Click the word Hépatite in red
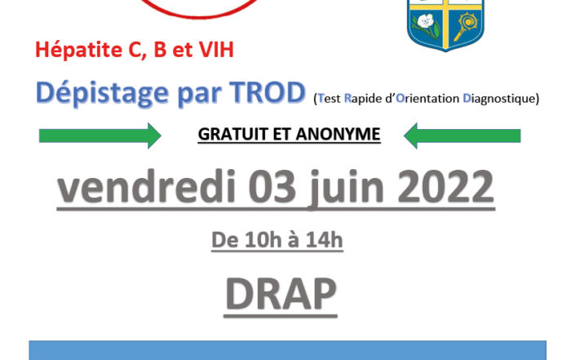click(78, 50)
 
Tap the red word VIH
click(216, 50)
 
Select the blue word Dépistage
click(102, 93)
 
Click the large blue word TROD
click(267, 91)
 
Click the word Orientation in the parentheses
click(427, 99)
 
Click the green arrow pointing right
click(100, 136)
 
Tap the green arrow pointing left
click(463, 136)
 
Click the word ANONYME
click(338, 134)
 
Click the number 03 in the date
click(272, 187)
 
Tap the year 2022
click(446, 187)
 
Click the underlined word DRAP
click(281, 295)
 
